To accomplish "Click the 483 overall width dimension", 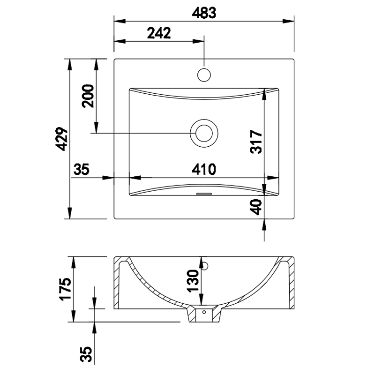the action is [x=204, y=13].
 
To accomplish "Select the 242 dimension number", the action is [x=159, y=33].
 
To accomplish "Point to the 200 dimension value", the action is [x=88, y=96].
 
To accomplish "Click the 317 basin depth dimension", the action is [x=256, y=142].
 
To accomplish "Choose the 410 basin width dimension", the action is [x=204, y=169].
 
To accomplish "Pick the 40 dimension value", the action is [x=256, y=207].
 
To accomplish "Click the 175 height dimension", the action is [x=65, y=289].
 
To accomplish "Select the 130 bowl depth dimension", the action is [x=193, y=281].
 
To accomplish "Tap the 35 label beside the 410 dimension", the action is [x=81, y=169].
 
